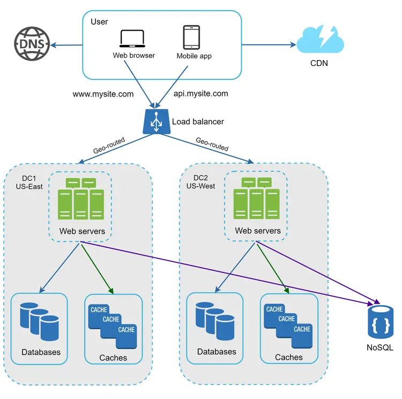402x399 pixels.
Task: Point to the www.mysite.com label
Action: (103, 94)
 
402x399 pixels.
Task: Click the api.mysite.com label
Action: (200, 93)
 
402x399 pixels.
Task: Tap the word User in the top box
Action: (99, 22)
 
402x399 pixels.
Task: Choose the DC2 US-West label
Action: (204, 182)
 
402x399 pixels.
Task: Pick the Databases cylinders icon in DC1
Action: (39, 321)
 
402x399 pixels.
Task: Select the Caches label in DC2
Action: (288, 357)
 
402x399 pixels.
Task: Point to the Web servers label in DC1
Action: (82, 232)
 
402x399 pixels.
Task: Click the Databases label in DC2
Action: (217, 352)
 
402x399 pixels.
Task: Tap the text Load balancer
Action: (198, 122)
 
